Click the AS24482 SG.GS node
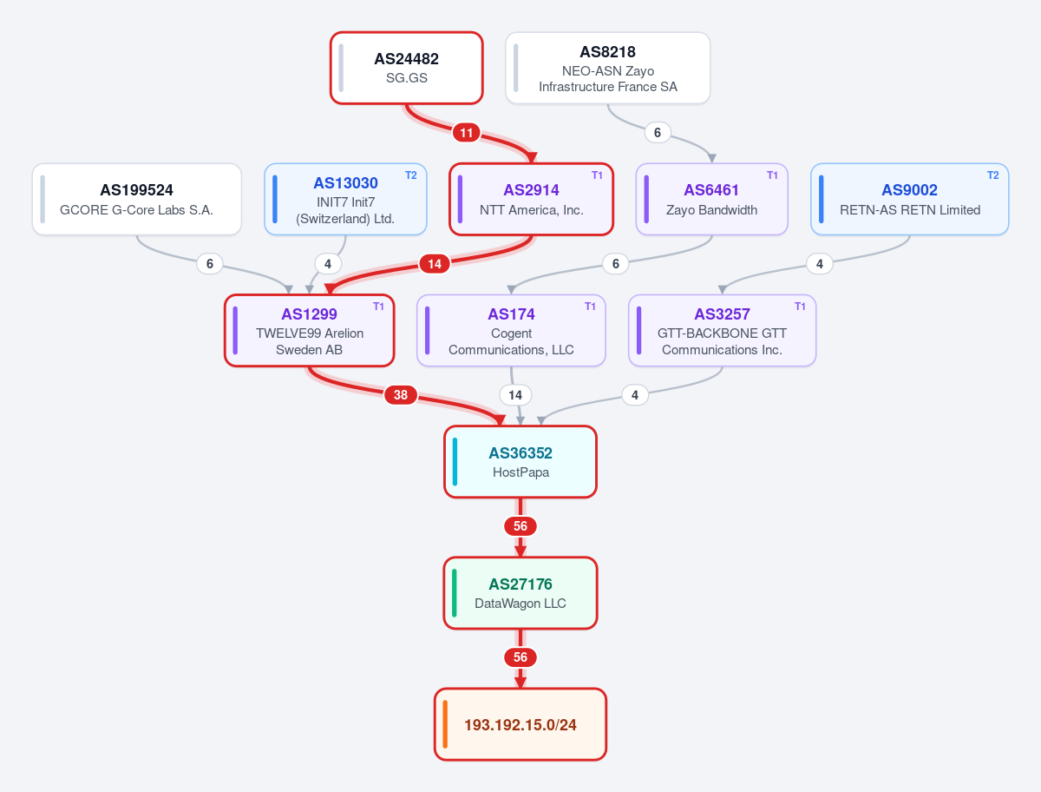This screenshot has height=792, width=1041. point(407,68)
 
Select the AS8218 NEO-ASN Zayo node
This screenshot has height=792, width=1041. point(607,68)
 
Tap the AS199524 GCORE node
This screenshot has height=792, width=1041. point(136,200)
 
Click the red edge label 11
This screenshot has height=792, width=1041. point(466,133)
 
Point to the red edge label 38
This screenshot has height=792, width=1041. point(401,395)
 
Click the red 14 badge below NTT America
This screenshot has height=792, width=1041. point(435,264)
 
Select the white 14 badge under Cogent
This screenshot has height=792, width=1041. point(515,395)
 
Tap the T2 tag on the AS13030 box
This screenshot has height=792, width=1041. point(410,175)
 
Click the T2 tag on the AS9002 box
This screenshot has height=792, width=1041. point(992,175)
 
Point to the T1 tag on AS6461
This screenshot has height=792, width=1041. point(772,175)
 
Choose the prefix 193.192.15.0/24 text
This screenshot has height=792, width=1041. point(520,725)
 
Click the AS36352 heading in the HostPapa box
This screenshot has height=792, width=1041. point(520,453)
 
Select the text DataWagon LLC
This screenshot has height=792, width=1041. point(520,604)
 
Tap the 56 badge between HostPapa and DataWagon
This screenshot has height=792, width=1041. point(520,526)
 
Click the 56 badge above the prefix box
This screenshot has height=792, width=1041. point(520,657)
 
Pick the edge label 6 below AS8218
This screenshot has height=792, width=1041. point(658,132)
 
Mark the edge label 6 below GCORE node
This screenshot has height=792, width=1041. point(210,263)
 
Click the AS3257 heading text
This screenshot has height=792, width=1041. point(722,314)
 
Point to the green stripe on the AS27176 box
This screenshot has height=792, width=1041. point(455,593)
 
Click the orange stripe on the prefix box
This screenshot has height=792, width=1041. point(445,724)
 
